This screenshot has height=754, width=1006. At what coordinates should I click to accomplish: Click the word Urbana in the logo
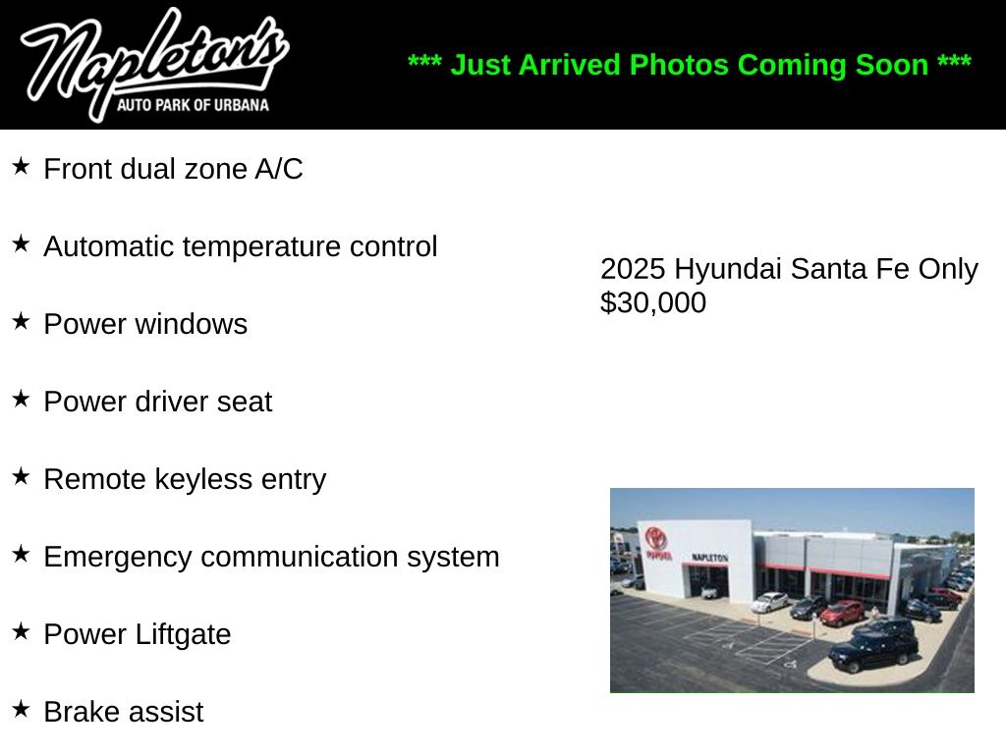click(241, 104)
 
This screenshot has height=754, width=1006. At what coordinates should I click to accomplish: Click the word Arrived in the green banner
click(569, 65)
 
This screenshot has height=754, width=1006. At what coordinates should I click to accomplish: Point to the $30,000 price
click(653, 302)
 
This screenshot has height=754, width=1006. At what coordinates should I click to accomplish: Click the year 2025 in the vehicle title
click(633, 269)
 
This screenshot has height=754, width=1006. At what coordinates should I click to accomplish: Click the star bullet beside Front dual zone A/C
click(21, 166)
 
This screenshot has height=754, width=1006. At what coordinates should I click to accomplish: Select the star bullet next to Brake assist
click(21, 709)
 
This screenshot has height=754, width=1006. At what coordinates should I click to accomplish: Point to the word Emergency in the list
click(118, 558)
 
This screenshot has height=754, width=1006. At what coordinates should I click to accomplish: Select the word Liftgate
click(183, 635)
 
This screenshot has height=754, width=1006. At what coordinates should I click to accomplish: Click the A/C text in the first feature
click(278, 169)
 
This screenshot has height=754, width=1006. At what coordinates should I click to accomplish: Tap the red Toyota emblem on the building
click(656, 537)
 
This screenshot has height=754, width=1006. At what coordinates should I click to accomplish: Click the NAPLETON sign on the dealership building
click(709, 558)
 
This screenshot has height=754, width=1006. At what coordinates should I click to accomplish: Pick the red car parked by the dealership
click(842, 613)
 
